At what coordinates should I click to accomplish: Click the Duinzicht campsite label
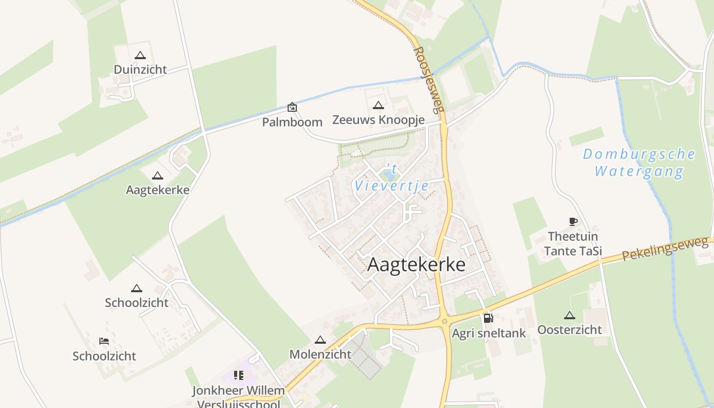pos(140,69)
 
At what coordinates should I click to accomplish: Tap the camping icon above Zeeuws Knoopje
pos(378,106)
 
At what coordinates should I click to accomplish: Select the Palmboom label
pos(292,122)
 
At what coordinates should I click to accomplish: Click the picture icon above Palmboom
pos(292,107)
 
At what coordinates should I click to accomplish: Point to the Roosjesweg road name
pos(429,80)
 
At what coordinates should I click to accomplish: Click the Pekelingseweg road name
pos(665,249)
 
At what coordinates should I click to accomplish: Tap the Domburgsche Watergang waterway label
pos(639,162)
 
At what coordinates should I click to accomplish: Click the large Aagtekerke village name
pos(416,265)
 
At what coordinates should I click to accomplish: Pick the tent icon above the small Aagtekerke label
pos(158,176)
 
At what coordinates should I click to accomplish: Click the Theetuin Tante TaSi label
pos(573,244)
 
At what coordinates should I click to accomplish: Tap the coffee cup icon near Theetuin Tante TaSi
pos(573,221)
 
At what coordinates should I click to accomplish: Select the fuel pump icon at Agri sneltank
pos(488,318)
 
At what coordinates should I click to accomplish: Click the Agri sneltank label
pos(489,334)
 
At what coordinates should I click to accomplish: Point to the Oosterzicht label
pos(570,329)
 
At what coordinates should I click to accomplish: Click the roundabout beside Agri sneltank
pos(445,321)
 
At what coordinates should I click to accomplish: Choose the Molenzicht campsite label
pos(320,354)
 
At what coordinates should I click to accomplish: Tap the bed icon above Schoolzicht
pos(104,341)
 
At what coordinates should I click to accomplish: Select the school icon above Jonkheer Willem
pos(238,376)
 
